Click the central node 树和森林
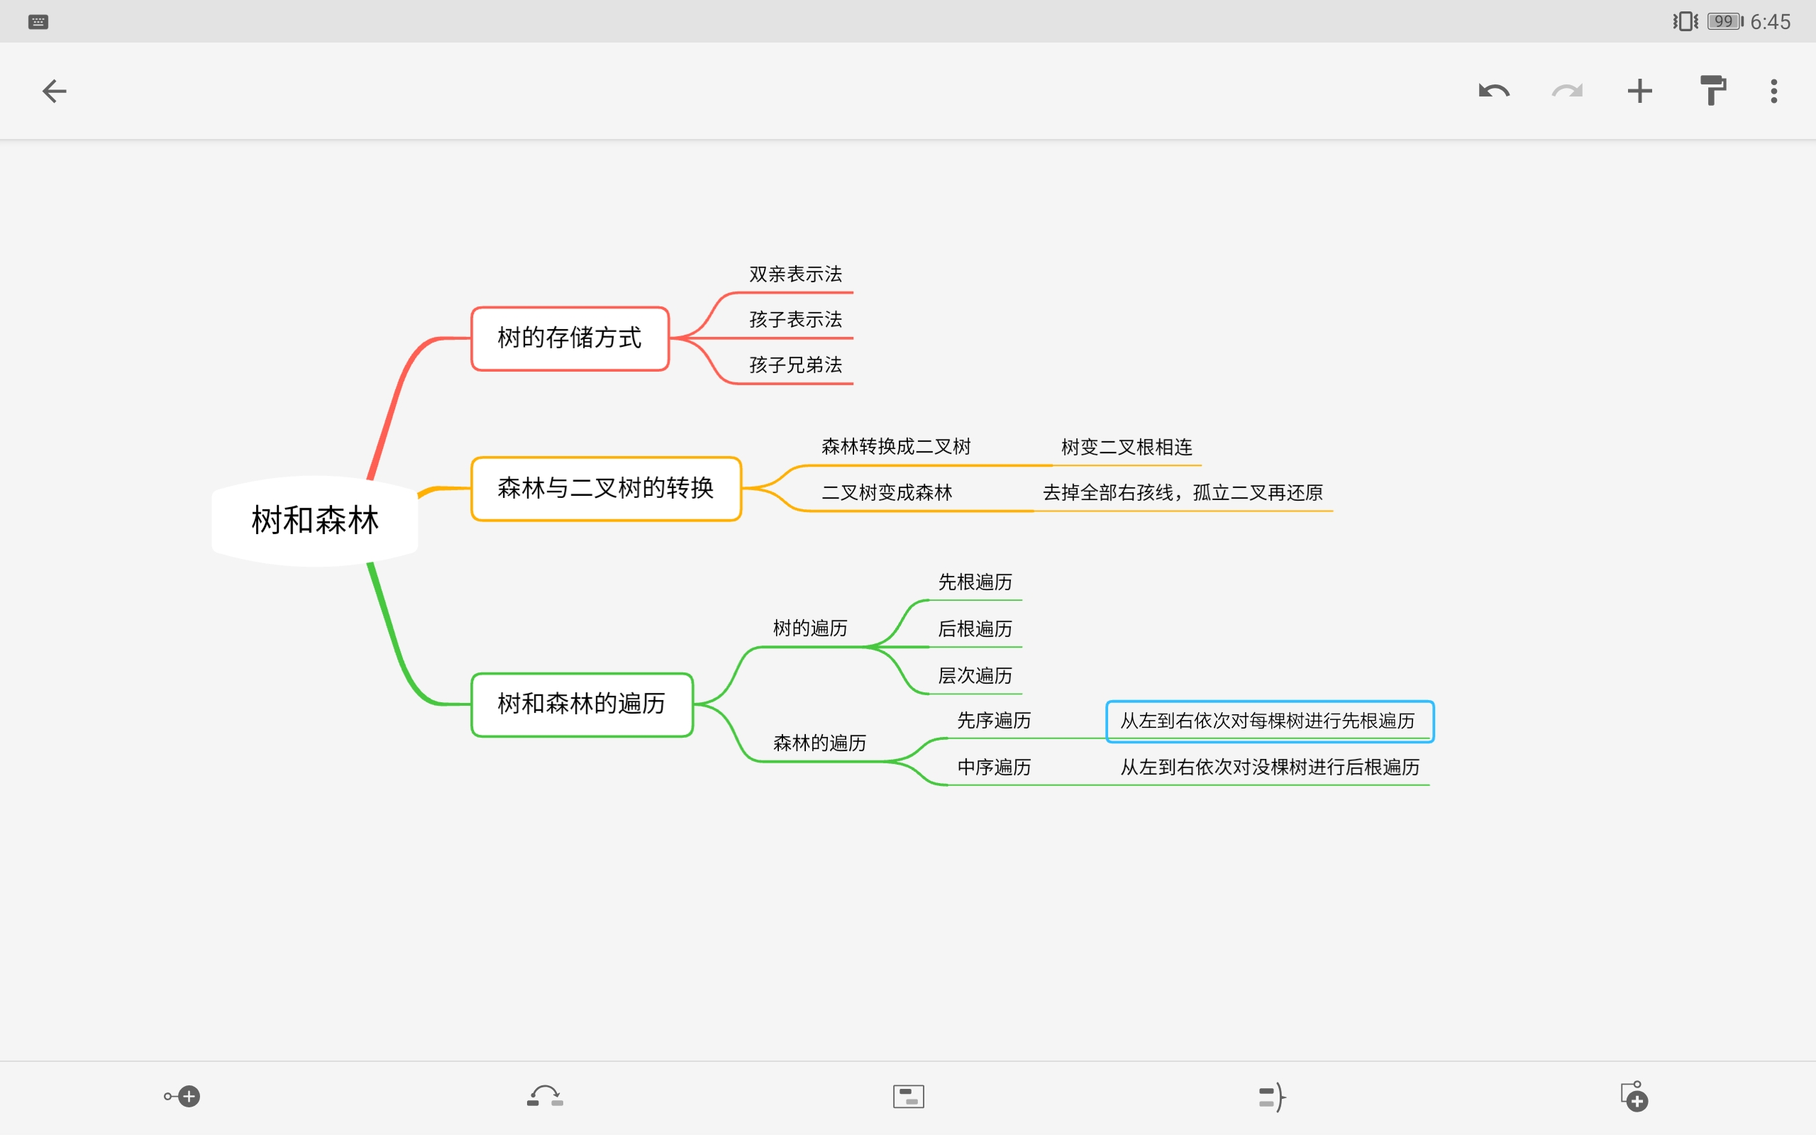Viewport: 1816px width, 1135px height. [x=314, y=520]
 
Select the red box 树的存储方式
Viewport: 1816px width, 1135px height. [x=570, y=338]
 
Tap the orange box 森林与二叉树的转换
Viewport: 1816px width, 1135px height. [x=606, y=488]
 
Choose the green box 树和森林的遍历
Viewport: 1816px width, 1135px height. [x=582, y=704]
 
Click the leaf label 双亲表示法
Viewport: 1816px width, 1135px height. [x=795, y=274]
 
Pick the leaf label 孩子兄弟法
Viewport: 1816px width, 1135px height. [x=795, y=365]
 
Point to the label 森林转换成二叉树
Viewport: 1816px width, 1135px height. [x=896, y=447]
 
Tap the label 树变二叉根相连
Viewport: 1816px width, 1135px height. [x=1126, y=448]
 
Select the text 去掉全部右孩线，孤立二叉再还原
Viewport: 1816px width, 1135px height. [x=1183, y=492]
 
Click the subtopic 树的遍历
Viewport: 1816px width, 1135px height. [x=809, y=629]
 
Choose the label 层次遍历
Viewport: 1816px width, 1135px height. [x=975, y=675]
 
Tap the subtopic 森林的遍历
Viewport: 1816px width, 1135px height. [x=819, y=743]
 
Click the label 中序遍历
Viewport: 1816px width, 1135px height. [x=994, y=767]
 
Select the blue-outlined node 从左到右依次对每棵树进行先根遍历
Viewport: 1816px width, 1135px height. [x=1268, y=721]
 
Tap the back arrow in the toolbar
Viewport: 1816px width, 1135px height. [x=54, y=92]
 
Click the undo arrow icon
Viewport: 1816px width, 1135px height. [x=1493, y=92]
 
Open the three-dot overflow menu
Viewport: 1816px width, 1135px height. [x=1774, y=92]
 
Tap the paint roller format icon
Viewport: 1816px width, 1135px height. [x=1712, y=92]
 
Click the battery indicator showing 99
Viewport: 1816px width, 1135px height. [x=1724, y=21]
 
